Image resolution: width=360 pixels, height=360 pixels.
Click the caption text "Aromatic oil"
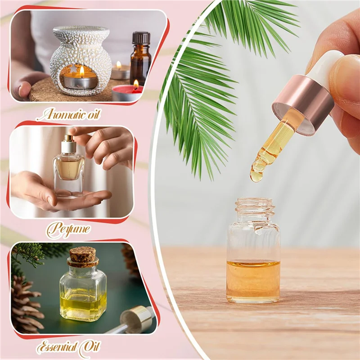click(x=68, y=114)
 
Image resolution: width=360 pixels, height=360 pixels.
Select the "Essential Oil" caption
click(x=68, y=347)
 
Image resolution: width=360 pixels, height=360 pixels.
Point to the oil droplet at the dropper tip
click(x=256, y=175)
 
